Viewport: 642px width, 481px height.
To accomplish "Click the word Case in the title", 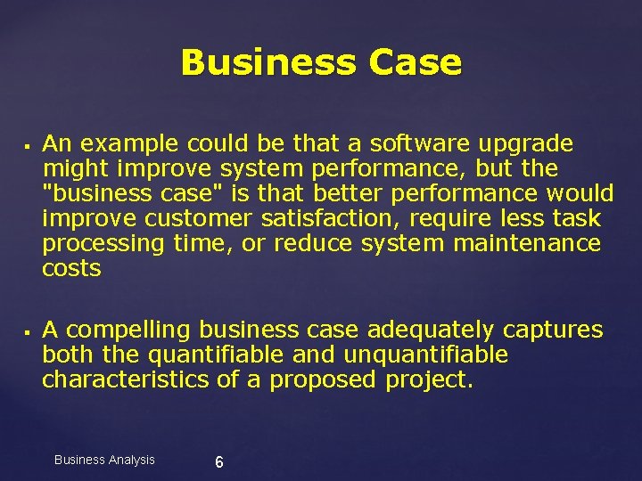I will [412, 63].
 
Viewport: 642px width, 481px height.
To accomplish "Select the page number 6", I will [219, 461].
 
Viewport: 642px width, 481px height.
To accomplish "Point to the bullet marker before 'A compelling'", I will [29, 332].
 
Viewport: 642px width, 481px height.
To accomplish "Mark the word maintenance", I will [527, 243].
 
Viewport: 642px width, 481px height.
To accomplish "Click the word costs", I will [71, 268].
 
